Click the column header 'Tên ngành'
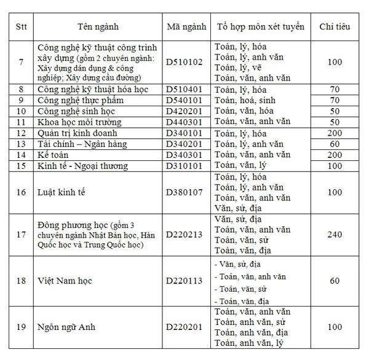(x=98, y=27)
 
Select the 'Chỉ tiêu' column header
(x=335, y=27)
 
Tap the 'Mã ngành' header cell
(x=186, y=27)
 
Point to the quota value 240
(x=335, y=234)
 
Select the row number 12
(x=22, y=133)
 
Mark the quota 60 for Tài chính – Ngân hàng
(x=335, y=144)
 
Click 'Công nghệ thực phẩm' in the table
(x=80, y=100)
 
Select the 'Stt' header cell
(x=22, y=27)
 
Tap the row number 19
(x=22, y=327)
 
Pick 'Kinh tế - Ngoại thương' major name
(x=83, y=166)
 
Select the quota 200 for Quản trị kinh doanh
(x=335, y=133)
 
